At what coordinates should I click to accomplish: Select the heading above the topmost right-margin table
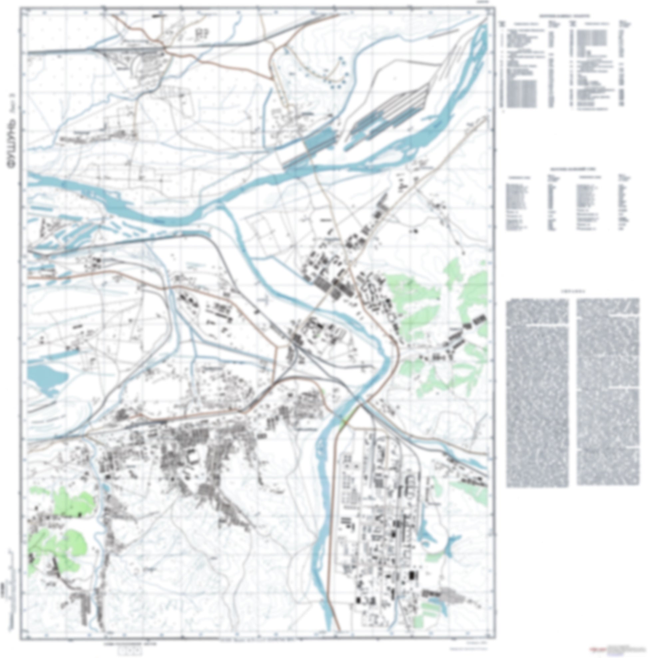(x=565, y=16)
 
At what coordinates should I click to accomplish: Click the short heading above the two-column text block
(x=572, y=291)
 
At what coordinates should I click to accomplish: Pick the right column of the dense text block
(x=608, y=392)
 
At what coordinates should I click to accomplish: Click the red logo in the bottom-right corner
(x=596, y=649)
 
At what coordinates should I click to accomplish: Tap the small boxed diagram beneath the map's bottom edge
(x=130, y=650)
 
